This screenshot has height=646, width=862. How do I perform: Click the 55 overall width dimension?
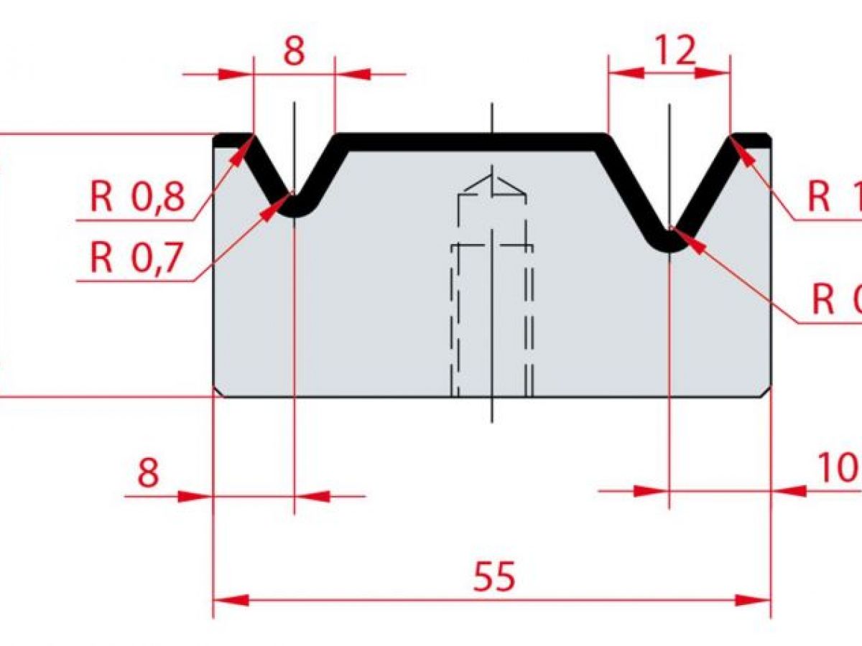(x=494, y=576)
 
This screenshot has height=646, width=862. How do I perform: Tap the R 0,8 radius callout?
(x=137, y=196)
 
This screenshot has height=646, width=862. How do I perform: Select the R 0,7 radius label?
(x=137, y=258)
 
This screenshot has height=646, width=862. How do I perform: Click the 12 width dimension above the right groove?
(x=675, y=51)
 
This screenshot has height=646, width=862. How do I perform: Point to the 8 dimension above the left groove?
(x=295, y=51)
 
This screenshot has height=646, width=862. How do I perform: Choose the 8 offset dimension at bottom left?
(x=148, y=473)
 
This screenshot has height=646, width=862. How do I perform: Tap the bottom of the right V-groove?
(x=669, y=248)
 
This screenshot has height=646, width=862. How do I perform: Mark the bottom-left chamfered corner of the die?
(x=218, y=392)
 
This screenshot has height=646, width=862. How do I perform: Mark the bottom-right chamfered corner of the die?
(x=767, y=392)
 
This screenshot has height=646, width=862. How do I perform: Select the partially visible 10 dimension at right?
(x=838, y=469)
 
